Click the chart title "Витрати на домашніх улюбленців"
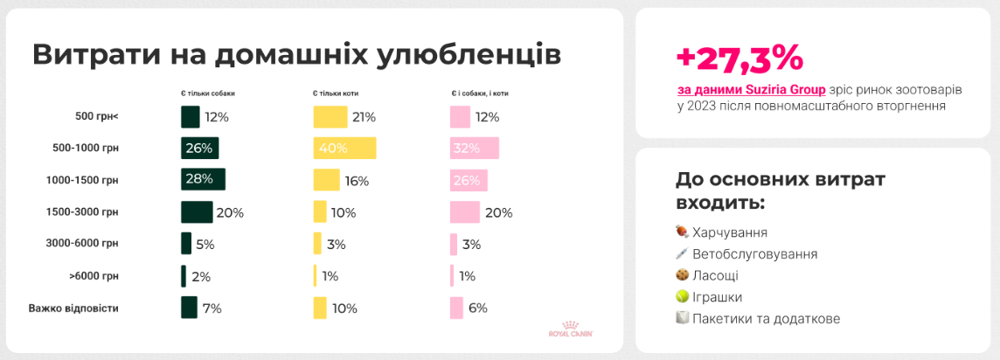point(296,55)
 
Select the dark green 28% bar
point(203,179)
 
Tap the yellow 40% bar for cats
point(344,148)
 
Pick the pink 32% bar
point(474,148)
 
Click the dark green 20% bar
point(197,212)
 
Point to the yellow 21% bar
point(330,117)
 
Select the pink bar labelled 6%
point(456,308)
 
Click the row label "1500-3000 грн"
point(82,212)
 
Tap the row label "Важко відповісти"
point(73,308)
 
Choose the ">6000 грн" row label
point(94,276)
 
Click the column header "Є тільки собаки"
point(208,93)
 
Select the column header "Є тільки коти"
point(336,93)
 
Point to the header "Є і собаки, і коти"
point(480,93)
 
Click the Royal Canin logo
point(571,328)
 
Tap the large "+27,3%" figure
point(740,58)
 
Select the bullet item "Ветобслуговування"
point(754,254)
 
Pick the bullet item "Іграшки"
point(722,297)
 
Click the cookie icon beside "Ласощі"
point(683,275)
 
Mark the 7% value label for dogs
point(212,308)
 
